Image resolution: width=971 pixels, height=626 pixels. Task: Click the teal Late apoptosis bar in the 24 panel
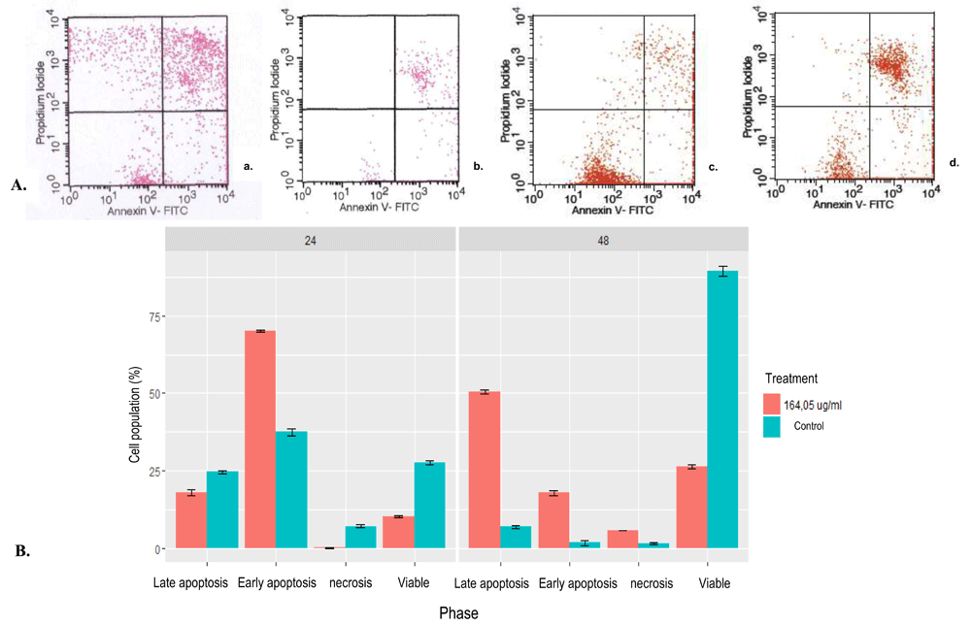point(222,511)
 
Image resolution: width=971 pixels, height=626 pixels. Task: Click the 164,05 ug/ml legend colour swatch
point(772,404)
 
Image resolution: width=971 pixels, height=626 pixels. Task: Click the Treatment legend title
point(790,379)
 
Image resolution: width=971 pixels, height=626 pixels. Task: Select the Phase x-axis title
point(457,613)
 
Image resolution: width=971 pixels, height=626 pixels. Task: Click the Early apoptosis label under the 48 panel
point(577,583)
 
